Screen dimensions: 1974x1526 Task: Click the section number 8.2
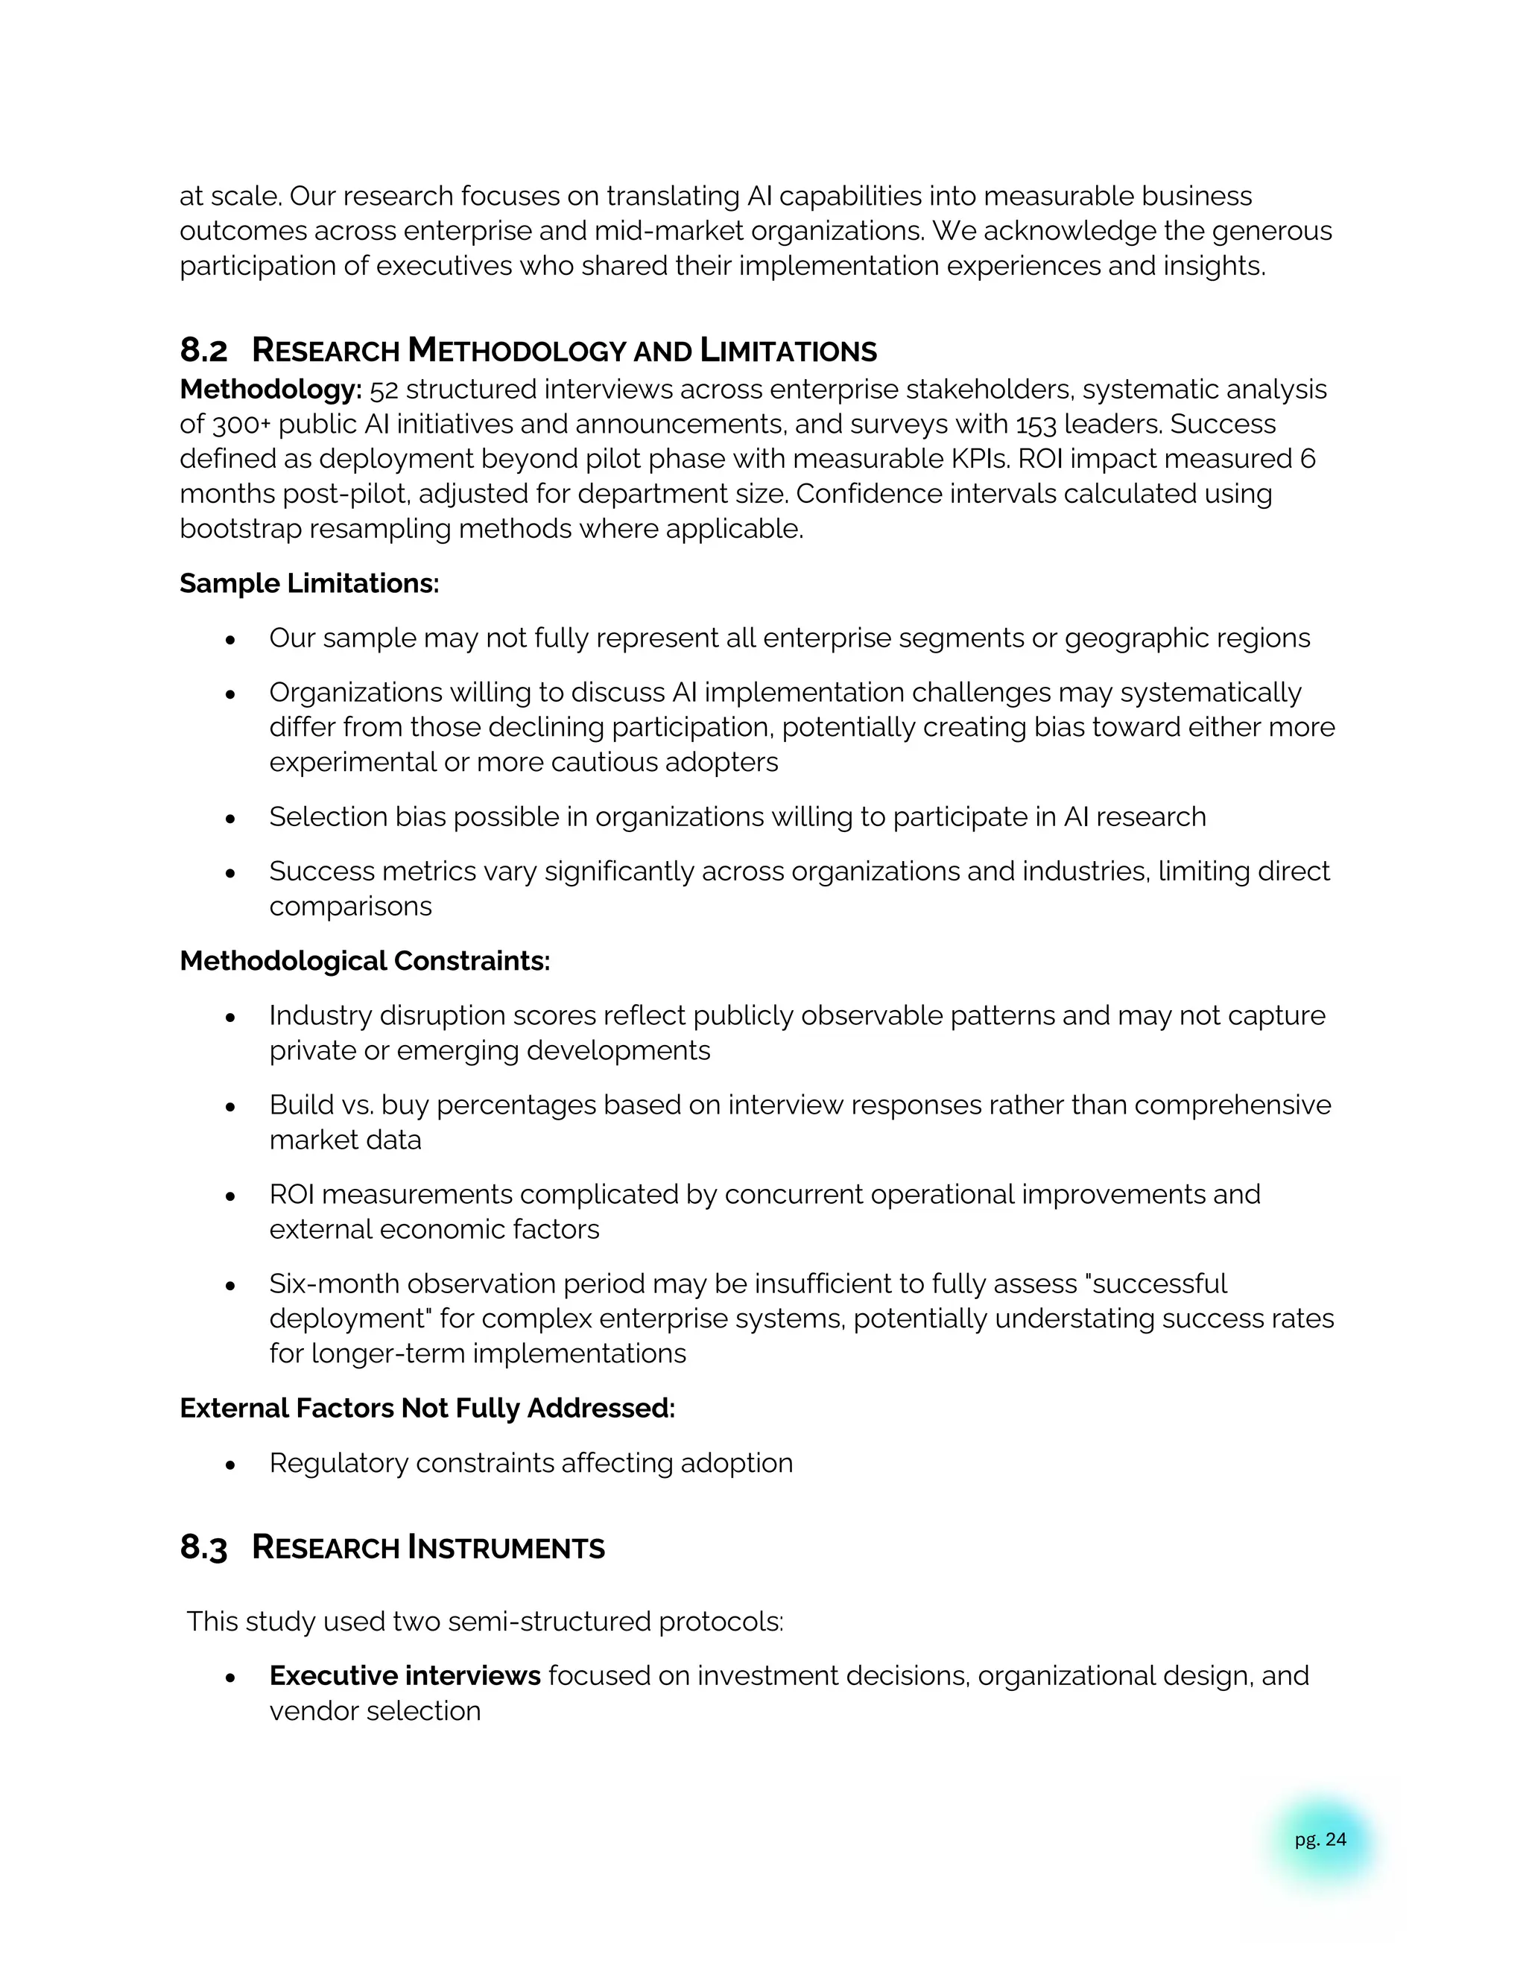pyautogui.click(x=203, y=350)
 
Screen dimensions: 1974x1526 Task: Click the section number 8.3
pyautogui.click(x=203, y=1546)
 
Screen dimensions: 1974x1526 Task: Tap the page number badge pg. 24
pyautogui.click(x=1320, y=1839)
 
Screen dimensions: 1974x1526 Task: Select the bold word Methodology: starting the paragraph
pyautogui.click(x=270, y=390)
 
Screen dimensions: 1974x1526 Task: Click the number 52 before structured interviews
pyautogui.click(x=383, y=390)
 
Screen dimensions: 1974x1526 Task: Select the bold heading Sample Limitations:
pyautogui.click(x=309, y=583)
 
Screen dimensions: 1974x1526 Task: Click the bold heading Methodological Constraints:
pyautogui.click(x=364, y=960)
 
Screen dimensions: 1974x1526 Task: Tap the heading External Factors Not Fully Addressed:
pyautogui.click(x=427, y=1407)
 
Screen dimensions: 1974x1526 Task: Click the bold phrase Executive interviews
pyautogui.click(x=404, y=1675)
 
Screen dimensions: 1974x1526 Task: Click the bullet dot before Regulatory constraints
pyautogui.click(x=230, y=1463)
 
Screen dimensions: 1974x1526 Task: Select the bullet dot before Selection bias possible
pyautogui.click(x=230, y=817)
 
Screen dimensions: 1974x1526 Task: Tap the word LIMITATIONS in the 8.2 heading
pyautogui.click(x=788, y=350)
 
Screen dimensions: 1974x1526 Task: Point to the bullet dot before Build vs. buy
pyautogui.click(x=230, y=1105)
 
